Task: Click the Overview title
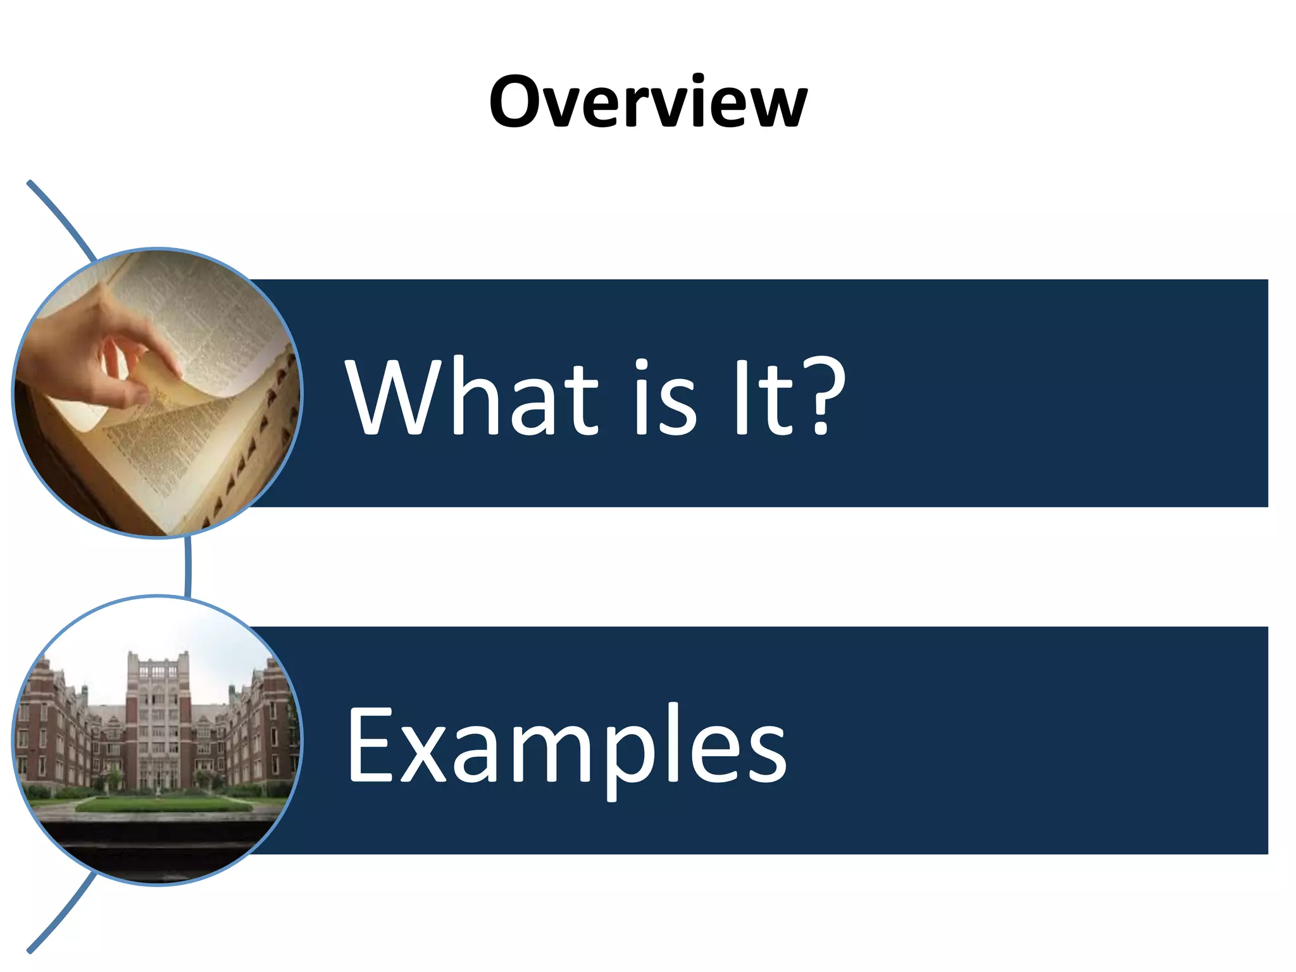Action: pyautogui.click(x=647, y=101)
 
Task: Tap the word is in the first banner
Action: pyautogui.click(x=665, y=397)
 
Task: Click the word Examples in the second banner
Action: pyautogui.click(x=566, y=745)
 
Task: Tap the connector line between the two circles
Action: pyautogui.click(x=188, y=566)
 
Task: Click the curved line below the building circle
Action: pyautogui.click(x=63, y=914)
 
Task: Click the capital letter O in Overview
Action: pyautogui.click(x=518, y=101)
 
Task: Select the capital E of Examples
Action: pyautogui.click(x=371, y=745)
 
